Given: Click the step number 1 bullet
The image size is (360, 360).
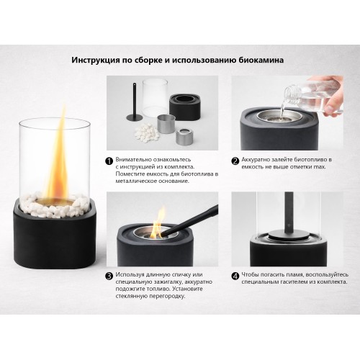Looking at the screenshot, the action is point(109,161).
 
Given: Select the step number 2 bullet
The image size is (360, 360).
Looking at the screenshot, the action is point(235,161).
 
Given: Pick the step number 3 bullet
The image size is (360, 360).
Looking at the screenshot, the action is point(109,276).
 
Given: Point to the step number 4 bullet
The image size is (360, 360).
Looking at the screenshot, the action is point(235,276).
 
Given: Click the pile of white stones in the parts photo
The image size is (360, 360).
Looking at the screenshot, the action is point(146,132).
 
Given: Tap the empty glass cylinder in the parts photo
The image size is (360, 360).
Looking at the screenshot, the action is point(155,99).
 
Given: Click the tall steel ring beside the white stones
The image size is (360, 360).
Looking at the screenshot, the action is point(166,124).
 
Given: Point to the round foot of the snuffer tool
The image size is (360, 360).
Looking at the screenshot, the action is point(135,117).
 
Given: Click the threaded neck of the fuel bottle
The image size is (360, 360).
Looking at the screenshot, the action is point(292,93).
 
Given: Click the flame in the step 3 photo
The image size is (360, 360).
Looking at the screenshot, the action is point(158,223).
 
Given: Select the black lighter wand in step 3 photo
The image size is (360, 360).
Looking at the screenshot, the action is point(189,221).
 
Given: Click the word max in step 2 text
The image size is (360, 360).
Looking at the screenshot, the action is point(320,167).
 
